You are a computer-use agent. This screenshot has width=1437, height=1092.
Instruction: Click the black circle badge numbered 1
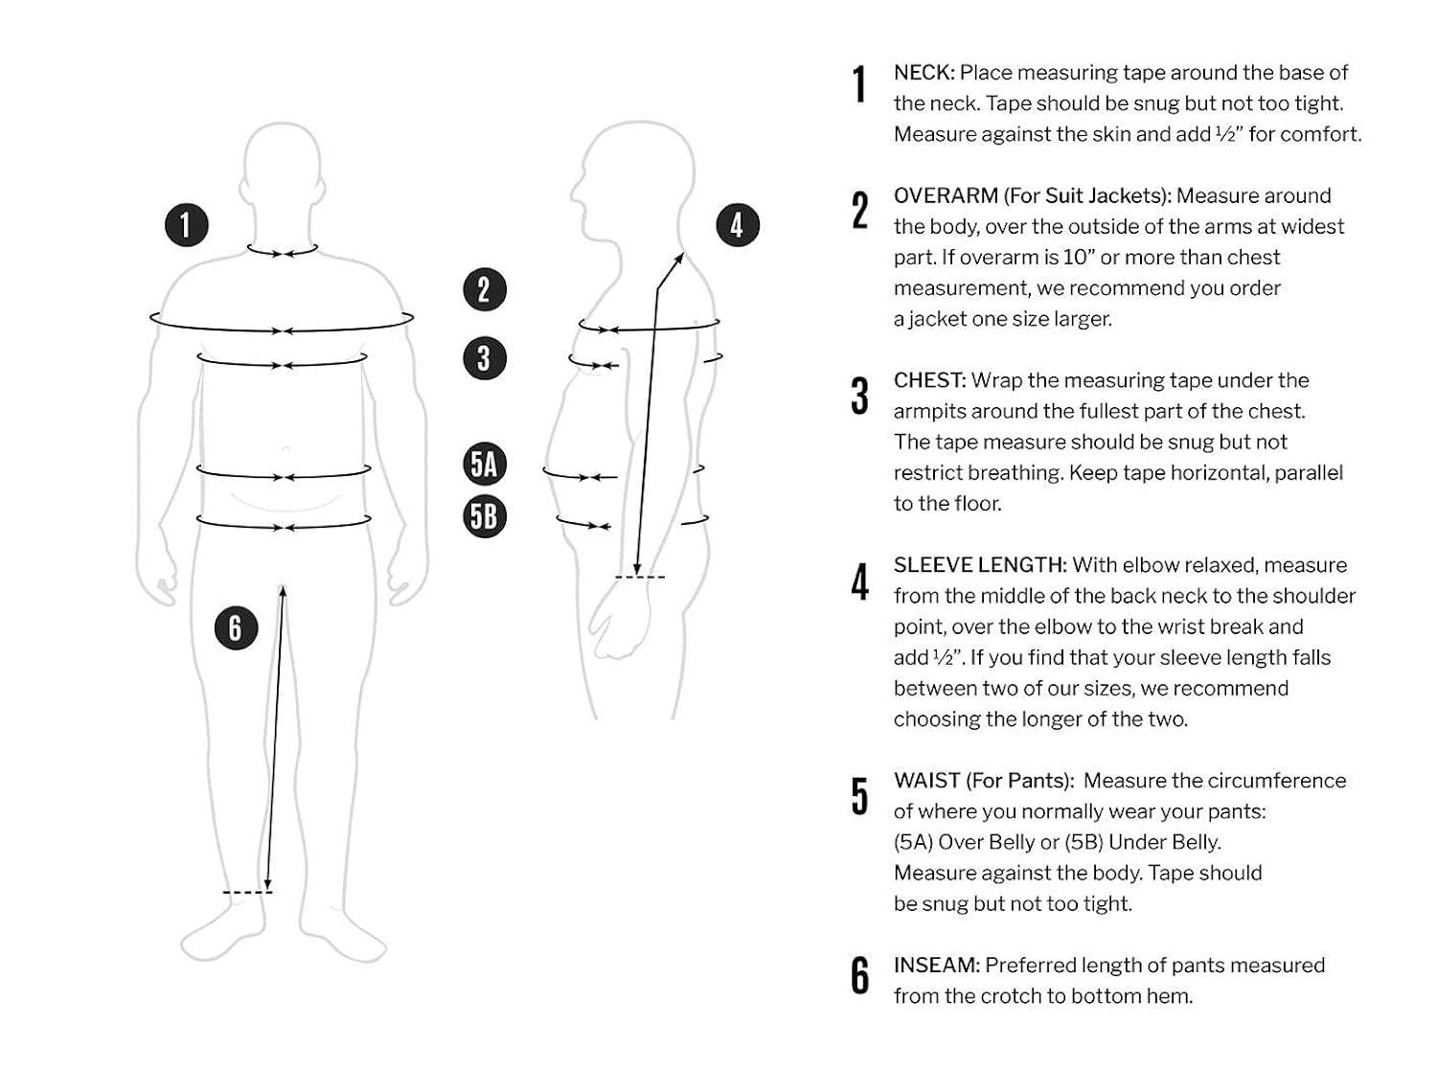(186, 225)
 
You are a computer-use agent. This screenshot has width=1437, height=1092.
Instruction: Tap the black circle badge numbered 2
(484, 289)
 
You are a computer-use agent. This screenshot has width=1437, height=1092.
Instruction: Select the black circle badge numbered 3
(484, 358)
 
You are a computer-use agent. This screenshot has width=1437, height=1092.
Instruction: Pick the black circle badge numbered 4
(737, 225)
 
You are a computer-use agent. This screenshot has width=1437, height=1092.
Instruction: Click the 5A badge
(484, 465)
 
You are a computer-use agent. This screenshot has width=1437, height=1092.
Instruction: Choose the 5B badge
(484, 516)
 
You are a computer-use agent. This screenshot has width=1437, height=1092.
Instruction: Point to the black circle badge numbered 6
(236, 628)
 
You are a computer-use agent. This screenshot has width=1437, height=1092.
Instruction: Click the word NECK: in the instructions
(924, 73)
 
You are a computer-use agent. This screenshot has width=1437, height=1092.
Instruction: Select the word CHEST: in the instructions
(929, 380)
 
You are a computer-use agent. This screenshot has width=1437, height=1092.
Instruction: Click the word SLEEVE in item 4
(930, 565)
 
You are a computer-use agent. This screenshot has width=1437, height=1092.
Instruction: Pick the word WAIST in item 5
(925, 781)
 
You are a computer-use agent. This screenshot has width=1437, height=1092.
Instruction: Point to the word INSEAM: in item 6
(936, 966)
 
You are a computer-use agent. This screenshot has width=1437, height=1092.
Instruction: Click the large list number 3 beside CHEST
(860, 396)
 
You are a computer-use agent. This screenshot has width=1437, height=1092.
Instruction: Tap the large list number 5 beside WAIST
(860, 796)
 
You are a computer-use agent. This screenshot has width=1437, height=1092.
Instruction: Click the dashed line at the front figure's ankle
(247, 893)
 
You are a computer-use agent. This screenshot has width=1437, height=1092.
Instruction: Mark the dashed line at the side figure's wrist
(639, 577)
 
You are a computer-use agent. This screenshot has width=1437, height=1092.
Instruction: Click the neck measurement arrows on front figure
(283, 253)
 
